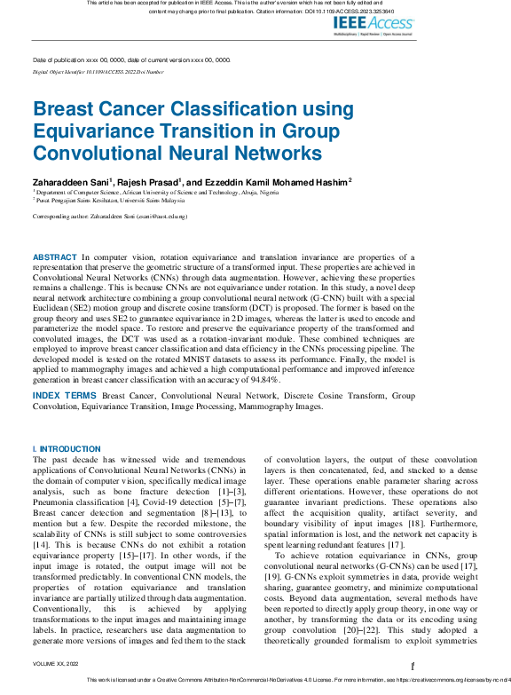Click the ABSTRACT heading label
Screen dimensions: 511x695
(55, 256)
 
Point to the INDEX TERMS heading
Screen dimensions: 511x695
(66, 394)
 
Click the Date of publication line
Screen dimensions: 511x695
(131, 59)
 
